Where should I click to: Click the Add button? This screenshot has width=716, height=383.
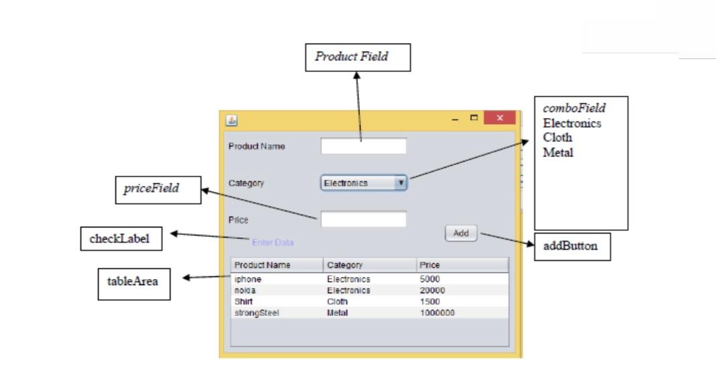[461, 233]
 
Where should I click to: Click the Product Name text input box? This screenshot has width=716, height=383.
[363, 146]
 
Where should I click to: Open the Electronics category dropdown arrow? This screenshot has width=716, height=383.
[400, 182]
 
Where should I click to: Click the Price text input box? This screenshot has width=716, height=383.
[363, 219]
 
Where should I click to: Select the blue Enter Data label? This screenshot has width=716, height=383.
[273, 242]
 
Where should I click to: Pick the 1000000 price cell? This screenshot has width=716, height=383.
[437, 313]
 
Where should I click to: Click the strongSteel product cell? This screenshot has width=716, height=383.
[252, 313]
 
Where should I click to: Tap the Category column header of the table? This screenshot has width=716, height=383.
[345, 265]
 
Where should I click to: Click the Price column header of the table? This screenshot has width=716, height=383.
[429, 265]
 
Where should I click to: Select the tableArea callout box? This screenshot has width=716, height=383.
[132, 282]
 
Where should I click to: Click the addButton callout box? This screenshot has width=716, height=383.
[570, 246]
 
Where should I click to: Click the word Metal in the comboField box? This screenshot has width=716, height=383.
[558, 152]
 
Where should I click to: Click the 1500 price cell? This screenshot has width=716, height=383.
[430, 301]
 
